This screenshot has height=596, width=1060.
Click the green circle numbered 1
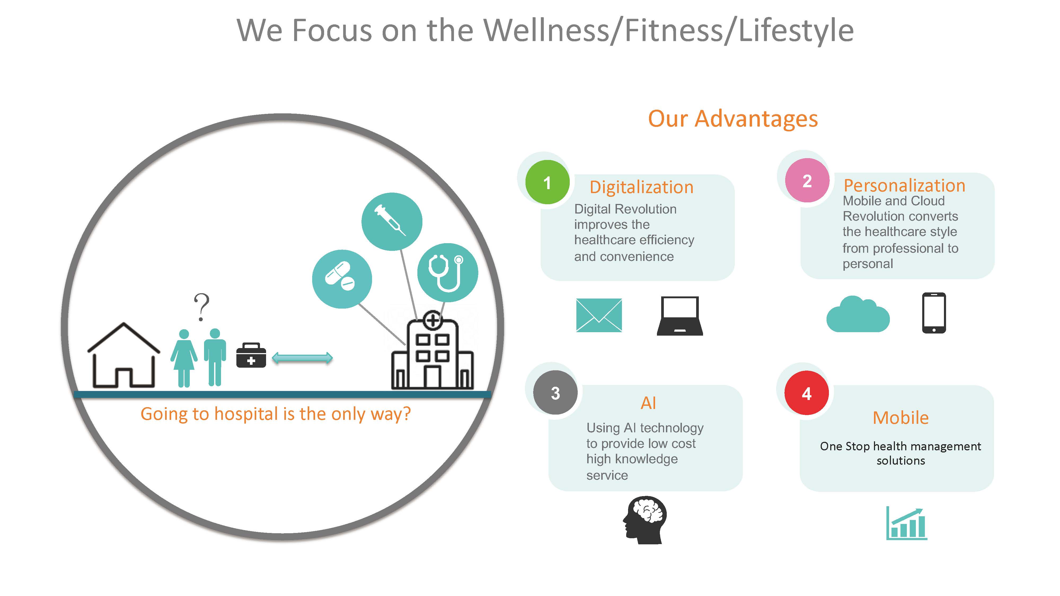pos(547,182)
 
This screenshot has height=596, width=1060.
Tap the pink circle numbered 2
pos(807,181)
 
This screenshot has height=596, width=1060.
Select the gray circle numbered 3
pos(555,393)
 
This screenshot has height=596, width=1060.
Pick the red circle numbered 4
pos(806,393)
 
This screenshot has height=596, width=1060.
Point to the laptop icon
pos(680,316)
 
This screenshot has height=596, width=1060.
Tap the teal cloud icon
pos(858,314)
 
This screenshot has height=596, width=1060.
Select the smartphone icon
pos(934,313)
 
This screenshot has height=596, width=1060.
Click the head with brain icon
pos(644,520)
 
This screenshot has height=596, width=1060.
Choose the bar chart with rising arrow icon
pos(907,523)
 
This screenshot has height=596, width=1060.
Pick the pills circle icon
pos(342,279)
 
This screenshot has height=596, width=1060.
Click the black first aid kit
pos(251,355)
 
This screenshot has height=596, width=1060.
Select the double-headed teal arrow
pos(302,358)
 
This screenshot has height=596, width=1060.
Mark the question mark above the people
pos(202,307)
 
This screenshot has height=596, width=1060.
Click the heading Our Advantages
pos(733,119)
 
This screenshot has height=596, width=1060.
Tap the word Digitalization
pos(642,187)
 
